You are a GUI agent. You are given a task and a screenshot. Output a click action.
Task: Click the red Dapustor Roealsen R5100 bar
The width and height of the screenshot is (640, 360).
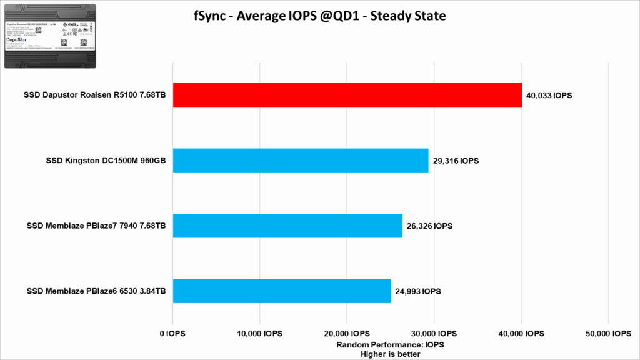click(x=347, y=95)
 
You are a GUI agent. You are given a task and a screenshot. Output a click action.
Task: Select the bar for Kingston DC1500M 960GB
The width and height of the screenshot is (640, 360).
click(x=300, y=161)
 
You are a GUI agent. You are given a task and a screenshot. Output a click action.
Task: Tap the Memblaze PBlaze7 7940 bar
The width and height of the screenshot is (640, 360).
click(x=287, y=226)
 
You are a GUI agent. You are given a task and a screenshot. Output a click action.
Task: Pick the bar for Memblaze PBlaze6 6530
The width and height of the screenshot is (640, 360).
click(x=281, y=291)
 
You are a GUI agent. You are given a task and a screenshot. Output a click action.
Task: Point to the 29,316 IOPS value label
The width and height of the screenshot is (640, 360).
click(x=456, y=161)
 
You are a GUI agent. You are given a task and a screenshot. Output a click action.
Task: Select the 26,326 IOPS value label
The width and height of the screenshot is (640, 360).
click(x=430, y=226)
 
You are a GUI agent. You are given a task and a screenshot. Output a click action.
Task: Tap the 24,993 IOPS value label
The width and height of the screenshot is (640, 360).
click(x=418, y=291)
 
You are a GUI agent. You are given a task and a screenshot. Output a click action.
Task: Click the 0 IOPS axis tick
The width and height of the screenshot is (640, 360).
click(x=172, y=334)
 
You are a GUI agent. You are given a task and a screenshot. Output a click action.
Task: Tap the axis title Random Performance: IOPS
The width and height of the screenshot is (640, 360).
click(x=390, y=345)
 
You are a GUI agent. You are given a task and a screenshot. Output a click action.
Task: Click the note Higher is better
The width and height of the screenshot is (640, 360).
click(x=390, y=354)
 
